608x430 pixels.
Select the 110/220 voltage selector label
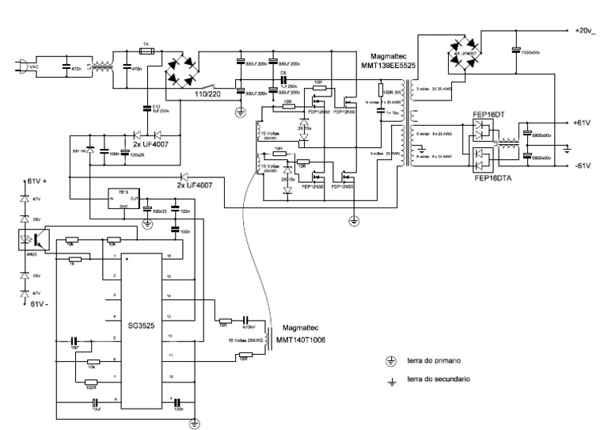tap(208, 93)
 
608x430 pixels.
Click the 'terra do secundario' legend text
tap(439, 379)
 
